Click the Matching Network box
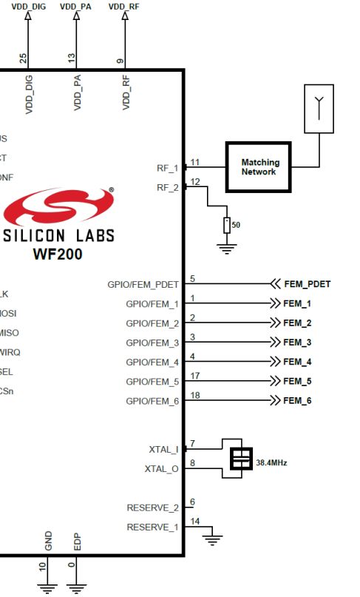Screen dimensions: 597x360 259,166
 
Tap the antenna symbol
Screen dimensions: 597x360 319,108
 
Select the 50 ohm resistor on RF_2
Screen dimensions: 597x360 228,225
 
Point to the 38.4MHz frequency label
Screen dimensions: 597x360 271,463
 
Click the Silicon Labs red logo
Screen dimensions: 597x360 58,207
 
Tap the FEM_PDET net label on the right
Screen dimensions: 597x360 307,283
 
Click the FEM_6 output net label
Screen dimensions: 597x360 297,400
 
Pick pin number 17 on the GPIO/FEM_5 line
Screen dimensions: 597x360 194,375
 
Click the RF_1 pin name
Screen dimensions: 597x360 168,168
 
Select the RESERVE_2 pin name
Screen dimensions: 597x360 153,507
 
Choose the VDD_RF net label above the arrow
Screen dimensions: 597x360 123,6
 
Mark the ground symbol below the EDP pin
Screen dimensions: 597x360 75,589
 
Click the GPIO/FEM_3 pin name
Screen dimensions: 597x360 152,343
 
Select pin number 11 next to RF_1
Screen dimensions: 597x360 195,161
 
